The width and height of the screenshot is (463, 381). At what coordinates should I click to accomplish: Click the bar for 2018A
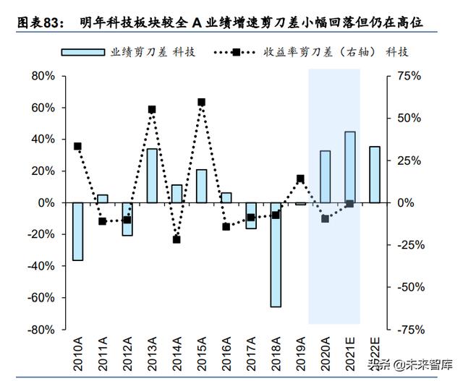(x=276, y=254)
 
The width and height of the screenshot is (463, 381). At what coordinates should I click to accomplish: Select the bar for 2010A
(x=77, y=231)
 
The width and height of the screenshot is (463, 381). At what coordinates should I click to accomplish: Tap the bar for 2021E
(x=349, y=167)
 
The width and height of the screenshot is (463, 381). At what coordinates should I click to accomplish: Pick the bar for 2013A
(x=152, y=176)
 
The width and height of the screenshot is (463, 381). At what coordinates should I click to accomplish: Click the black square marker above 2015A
(x=201, y=103)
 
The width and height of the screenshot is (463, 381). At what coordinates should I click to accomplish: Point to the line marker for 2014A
(x=177, y=239)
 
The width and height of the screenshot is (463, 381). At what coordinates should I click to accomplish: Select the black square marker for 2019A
(x=300, y=179)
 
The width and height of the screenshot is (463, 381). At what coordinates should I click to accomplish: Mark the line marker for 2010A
(x=77, y=146)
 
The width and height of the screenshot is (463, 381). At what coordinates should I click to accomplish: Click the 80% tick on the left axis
(x=44, y=76)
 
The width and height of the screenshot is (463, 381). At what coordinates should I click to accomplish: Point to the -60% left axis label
(x=41, y=297)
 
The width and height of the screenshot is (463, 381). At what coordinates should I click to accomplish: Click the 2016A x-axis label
(x=226, y=352)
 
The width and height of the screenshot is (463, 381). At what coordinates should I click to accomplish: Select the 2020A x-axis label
(x=325, y=352)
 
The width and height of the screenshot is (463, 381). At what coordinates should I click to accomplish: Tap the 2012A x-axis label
(x=127, y=352)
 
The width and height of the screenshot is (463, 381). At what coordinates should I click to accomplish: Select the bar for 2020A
(x=325, y=176)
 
